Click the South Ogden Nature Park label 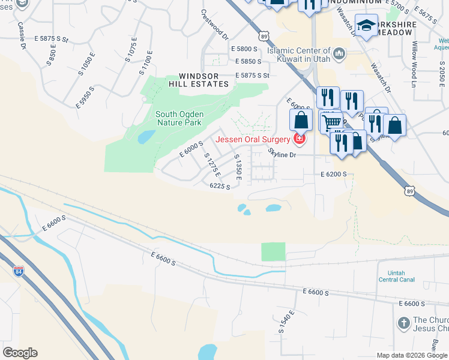(x=178, y=118)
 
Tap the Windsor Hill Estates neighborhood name (x=203, y=80)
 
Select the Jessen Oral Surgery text (x=252, y=140)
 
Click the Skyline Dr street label (x=282, y=154)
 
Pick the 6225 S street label (x=220, y=187)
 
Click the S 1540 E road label (x=286, y=322)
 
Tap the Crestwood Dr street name (x=213, y=23)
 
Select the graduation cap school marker (x=366, y=25)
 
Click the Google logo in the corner (x=20, y=353)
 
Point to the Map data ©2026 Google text (x=412, y=355)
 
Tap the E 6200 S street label (x=334, y=174)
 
